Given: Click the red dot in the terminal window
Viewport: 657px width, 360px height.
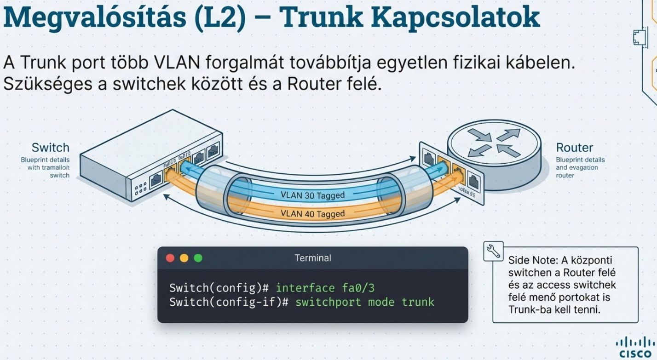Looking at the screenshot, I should point(170,258).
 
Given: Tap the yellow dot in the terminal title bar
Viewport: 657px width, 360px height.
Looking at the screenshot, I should point(184,258).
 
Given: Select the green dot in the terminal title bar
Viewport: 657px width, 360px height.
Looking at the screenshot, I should point(198,258).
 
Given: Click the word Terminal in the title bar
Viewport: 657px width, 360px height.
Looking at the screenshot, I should point(312,258).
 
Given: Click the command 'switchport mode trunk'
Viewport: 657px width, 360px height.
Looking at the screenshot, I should point(364,302).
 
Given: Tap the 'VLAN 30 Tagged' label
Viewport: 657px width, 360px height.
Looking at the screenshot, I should point(312,195).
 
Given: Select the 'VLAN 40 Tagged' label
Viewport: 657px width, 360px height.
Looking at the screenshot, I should point(312,213).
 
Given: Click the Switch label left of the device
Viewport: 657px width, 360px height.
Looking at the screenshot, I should point(50,148).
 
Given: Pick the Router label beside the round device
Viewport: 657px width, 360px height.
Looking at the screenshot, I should point(574,148).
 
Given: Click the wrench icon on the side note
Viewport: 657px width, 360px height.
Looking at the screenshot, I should point(493,251).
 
